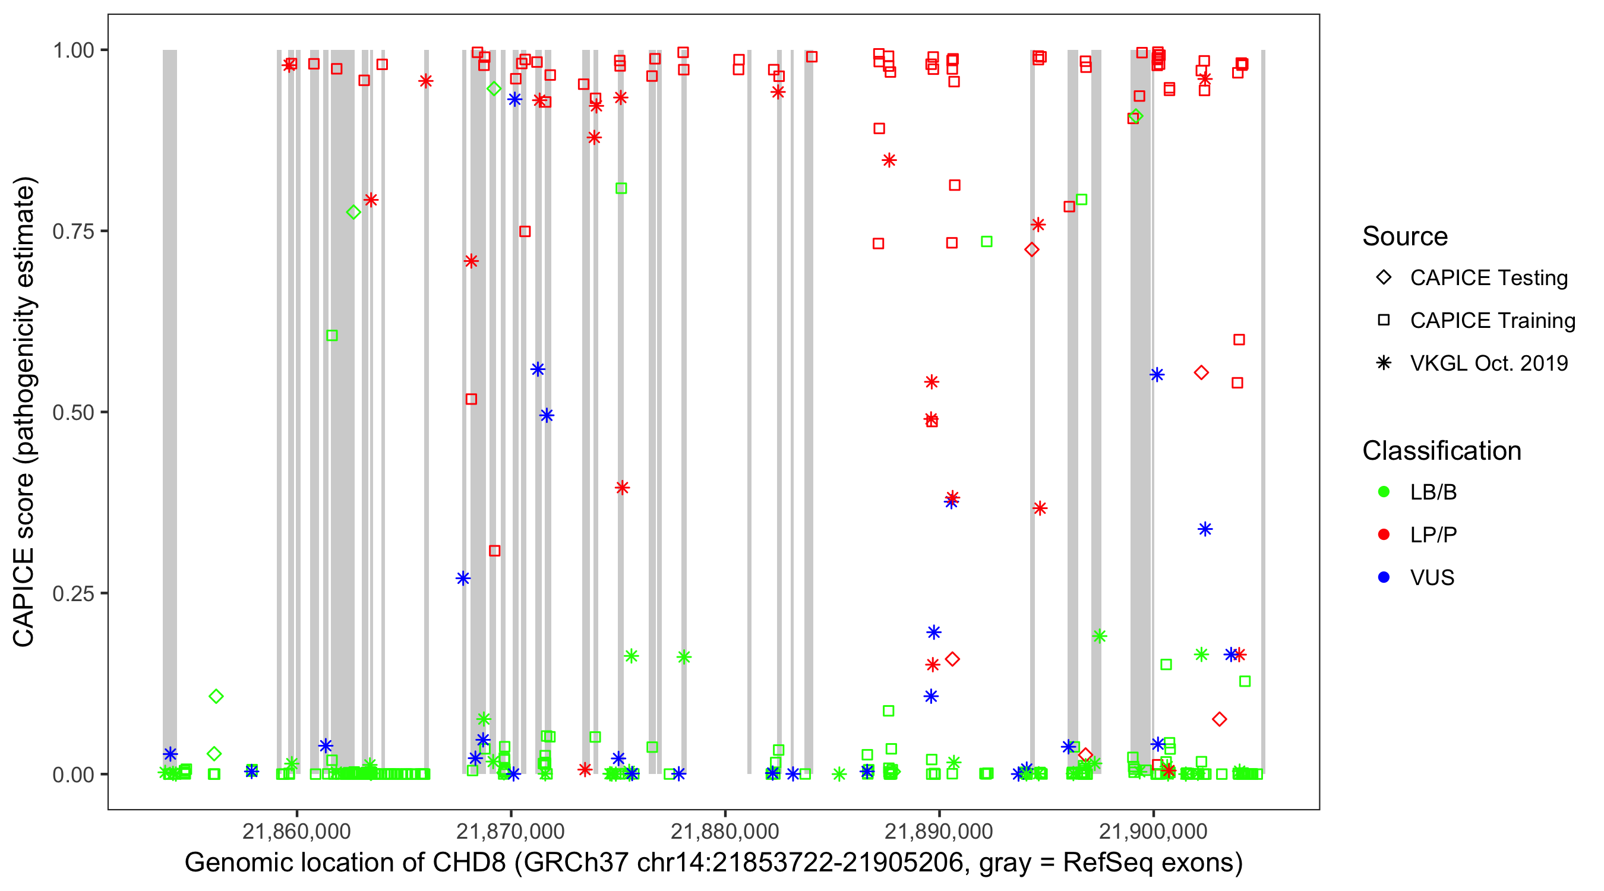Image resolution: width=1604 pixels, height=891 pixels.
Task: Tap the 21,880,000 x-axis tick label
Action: point(725,830)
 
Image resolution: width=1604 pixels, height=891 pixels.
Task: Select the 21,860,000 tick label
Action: point(296,830)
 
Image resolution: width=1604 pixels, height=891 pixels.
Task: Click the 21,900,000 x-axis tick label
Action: point(1153,830)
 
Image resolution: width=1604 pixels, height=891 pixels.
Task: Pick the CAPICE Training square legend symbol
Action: point(1384,321)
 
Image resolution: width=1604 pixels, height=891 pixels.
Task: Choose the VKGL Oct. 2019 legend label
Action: point(1489,364)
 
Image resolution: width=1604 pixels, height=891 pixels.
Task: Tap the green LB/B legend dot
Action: point(1384,492)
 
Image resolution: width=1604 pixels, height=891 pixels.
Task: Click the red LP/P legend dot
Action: point(1384,535)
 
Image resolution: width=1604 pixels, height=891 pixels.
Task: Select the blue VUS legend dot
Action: point(1384,578)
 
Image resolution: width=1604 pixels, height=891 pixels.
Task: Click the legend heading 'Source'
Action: point(1405,236)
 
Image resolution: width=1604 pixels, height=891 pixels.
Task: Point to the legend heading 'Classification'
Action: point(1441,451)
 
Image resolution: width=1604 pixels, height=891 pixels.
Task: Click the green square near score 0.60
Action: point(332,336)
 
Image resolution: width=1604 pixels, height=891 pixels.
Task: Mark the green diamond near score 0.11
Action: point(216,696)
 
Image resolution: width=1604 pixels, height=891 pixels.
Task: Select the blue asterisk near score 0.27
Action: point(463,579)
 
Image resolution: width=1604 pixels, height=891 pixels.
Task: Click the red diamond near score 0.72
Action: point(1032,249)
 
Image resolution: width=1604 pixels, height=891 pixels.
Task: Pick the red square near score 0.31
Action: point(494,551)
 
